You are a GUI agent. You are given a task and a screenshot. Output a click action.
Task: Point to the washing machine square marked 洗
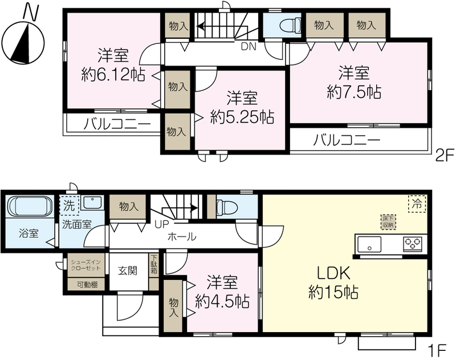coord(69,205)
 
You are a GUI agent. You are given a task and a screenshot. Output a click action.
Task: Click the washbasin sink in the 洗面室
coord(92,203)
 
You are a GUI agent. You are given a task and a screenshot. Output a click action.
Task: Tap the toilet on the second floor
coord(291,25)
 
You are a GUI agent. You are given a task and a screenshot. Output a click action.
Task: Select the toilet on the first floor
coord(227,207)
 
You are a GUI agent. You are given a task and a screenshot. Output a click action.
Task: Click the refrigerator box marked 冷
coord(417,204)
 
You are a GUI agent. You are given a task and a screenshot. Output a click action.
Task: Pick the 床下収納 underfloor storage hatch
coord(389,222)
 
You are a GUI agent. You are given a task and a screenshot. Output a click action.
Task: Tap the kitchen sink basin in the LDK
coord(369,244)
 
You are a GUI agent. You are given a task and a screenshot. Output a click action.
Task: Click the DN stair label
coord(249,47)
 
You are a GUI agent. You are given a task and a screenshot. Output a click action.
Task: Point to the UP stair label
coord(162,225)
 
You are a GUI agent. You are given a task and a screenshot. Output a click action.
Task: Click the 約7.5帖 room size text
coord(354,92)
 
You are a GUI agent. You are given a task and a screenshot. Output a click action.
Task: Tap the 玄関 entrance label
coord(128,270)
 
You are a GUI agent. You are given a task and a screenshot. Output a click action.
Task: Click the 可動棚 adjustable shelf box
coord(87,285)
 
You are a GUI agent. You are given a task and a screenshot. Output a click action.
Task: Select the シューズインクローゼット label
coord(86,265)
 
